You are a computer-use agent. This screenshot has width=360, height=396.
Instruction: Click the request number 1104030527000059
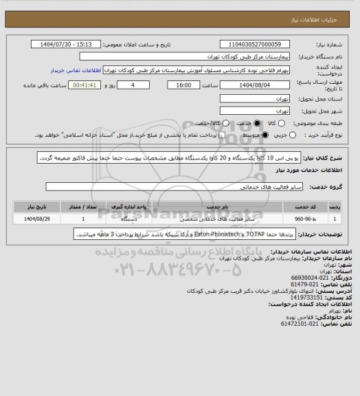(x=252, y=43)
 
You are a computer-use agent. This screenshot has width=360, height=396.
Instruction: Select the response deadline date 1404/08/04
(x=253, y=85)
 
